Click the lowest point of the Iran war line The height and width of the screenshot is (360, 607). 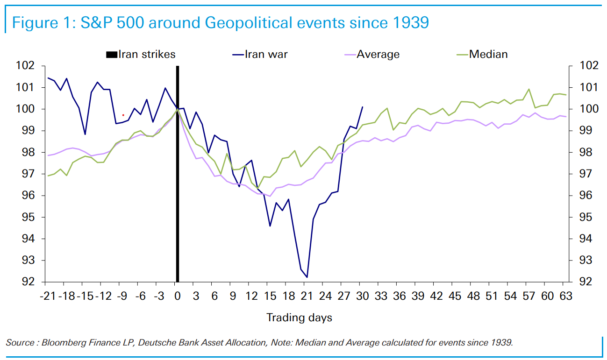click(307, 277)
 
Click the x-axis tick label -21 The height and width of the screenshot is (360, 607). click(48, 296)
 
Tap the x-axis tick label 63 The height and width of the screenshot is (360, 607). click(565, 296)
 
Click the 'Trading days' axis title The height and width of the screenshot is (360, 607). click(299, 318)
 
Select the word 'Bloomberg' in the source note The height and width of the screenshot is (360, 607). click(62, 343)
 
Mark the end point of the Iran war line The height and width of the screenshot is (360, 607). click(363, 107)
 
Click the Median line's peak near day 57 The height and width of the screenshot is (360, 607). click(529, 89)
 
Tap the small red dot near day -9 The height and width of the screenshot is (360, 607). click(123, 115)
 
